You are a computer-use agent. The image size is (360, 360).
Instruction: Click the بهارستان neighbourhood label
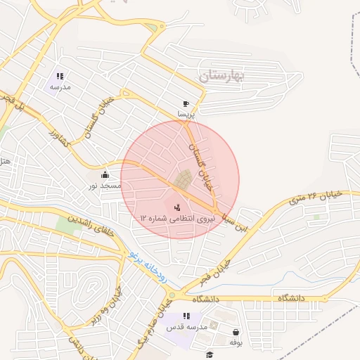click(219, 75)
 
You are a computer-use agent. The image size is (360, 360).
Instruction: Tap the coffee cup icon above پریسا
click(186, 103)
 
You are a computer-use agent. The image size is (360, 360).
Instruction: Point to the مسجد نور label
click(104, 185)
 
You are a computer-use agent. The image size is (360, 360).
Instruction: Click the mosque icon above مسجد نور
click(105, 174)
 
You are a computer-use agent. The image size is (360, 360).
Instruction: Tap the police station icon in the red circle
click(177, 207)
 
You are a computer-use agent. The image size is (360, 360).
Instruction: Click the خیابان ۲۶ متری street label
click(316, 198)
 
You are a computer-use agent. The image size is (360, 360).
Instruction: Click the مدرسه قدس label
click(186, 328)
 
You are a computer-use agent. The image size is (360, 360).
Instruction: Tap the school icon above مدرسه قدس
click(186, 317)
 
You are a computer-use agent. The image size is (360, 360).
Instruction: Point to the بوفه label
click(236, 342)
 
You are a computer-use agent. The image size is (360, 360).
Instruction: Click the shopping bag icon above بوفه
click(236, 332)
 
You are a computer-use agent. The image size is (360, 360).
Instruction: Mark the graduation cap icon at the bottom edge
click(209, 354)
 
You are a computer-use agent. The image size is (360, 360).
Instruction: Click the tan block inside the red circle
click(184, 179)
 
